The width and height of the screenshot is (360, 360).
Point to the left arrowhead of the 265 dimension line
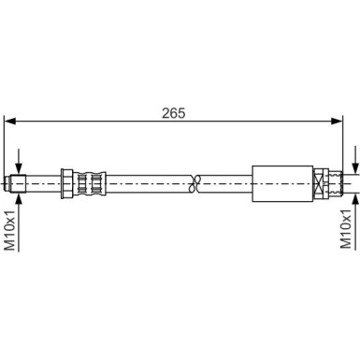[10, 120]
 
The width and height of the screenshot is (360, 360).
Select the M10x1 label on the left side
[10, 230]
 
